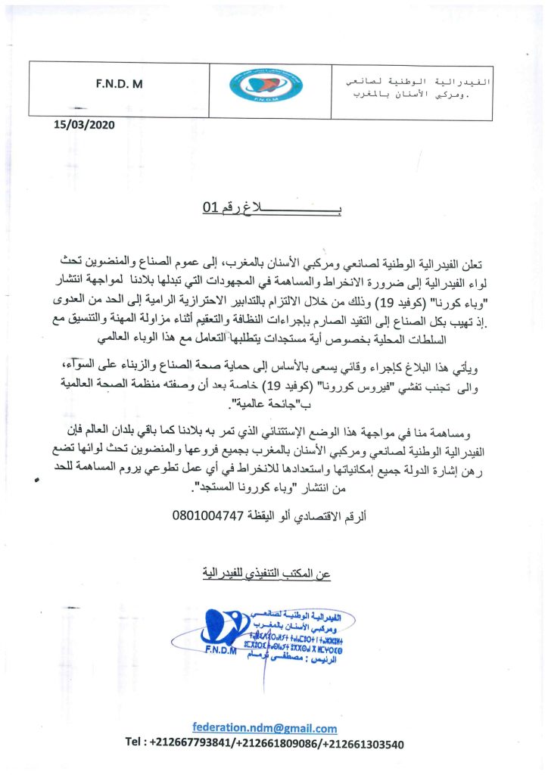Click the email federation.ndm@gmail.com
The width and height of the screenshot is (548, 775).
(264, 728)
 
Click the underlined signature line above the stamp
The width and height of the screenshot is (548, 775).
(270, 573)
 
